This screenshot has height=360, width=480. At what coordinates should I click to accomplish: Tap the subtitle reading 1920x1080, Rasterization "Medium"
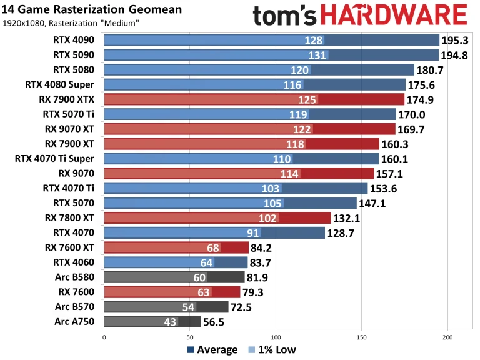click(71, 24)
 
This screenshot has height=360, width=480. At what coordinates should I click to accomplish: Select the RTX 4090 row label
click(75, 40)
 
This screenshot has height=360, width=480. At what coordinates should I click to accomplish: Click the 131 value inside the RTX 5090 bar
click(317, 55)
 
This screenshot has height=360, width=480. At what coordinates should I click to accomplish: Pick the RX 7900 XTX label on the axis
click(67, 99)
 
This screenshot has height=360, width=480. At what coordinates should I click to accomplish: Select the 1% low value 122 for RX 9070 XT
click(302, 129)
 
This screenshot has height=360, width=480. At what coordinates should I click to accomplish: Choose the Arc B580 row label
click(77, 277)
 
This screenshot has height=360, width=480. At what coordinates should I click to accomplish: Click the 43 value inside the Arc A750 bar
click(169, 321)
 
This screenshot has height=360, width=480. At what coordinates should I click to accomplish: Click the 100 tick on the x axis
click(276, 337)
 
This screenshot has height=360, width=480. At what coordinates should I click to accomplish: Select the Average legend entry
click(212, 349)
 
